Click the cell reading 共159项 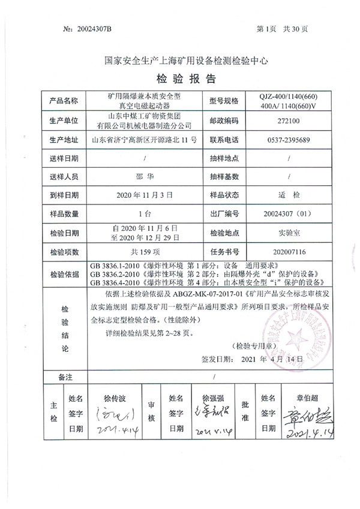point(143,252)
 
